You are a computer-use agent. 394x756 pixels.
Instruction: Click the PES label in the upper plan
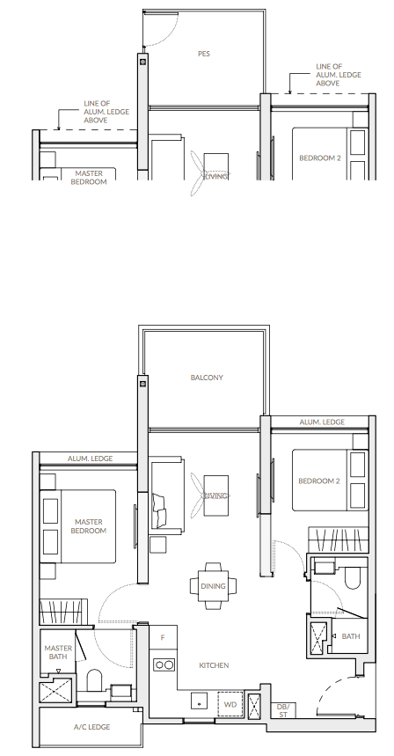point(204,54)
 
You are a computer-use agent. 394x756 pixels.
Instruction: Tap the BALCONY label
point(207,378)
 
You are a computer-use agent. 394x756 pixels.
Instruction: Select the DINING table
point(213,586)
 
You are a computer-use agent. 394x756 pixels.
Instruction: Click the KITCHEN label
point(214,665)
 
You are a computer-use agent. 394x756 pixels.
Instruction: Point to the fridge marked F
point(163,638)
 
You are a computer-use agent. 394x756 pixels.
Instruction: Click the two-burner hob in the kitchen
point(164,665)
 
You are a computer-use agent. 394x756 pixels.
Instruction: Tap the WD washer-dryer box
point(230,705)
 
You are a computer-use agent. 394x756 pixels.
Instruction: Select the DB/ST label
point(282,711)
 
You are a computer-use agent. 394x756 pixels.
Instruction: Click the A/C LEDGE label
point(92,727)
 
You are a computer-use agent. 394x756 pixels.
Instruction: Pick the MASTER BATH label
point(58,652)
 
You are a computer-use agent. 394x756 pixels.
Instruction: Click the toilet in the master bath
point(94,680)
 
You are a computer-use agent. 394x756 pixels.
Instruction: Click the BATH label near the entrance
point(351,636)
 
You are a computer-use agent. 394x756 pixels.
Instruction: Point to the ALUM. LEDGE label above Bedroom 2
point(322,422)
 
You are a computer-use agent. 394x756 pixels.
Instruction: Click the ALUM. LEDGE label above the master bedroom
point(90,459)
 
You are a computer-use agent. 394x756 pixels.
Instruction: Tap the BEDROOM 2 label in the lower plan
point(319,481)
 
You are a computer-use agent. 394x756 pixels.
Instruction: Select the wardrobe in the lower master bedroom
point(63,613)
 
